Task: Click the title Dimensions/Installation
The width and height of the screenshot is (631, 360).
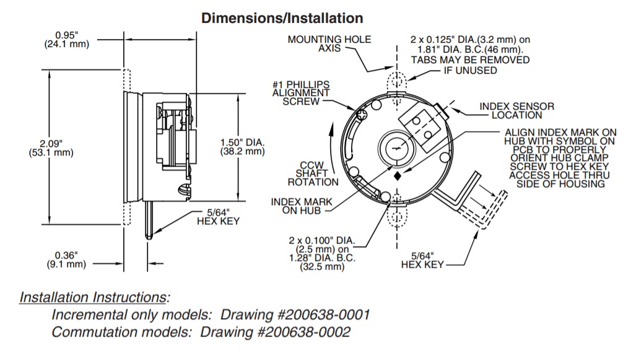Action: tap(282, 18)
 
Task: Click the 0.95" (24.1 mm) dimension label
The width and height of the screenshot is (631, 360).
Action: tap(66, 39)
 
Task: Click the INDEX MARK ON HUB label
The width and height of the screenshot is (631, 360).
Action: tap(301, 207)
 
